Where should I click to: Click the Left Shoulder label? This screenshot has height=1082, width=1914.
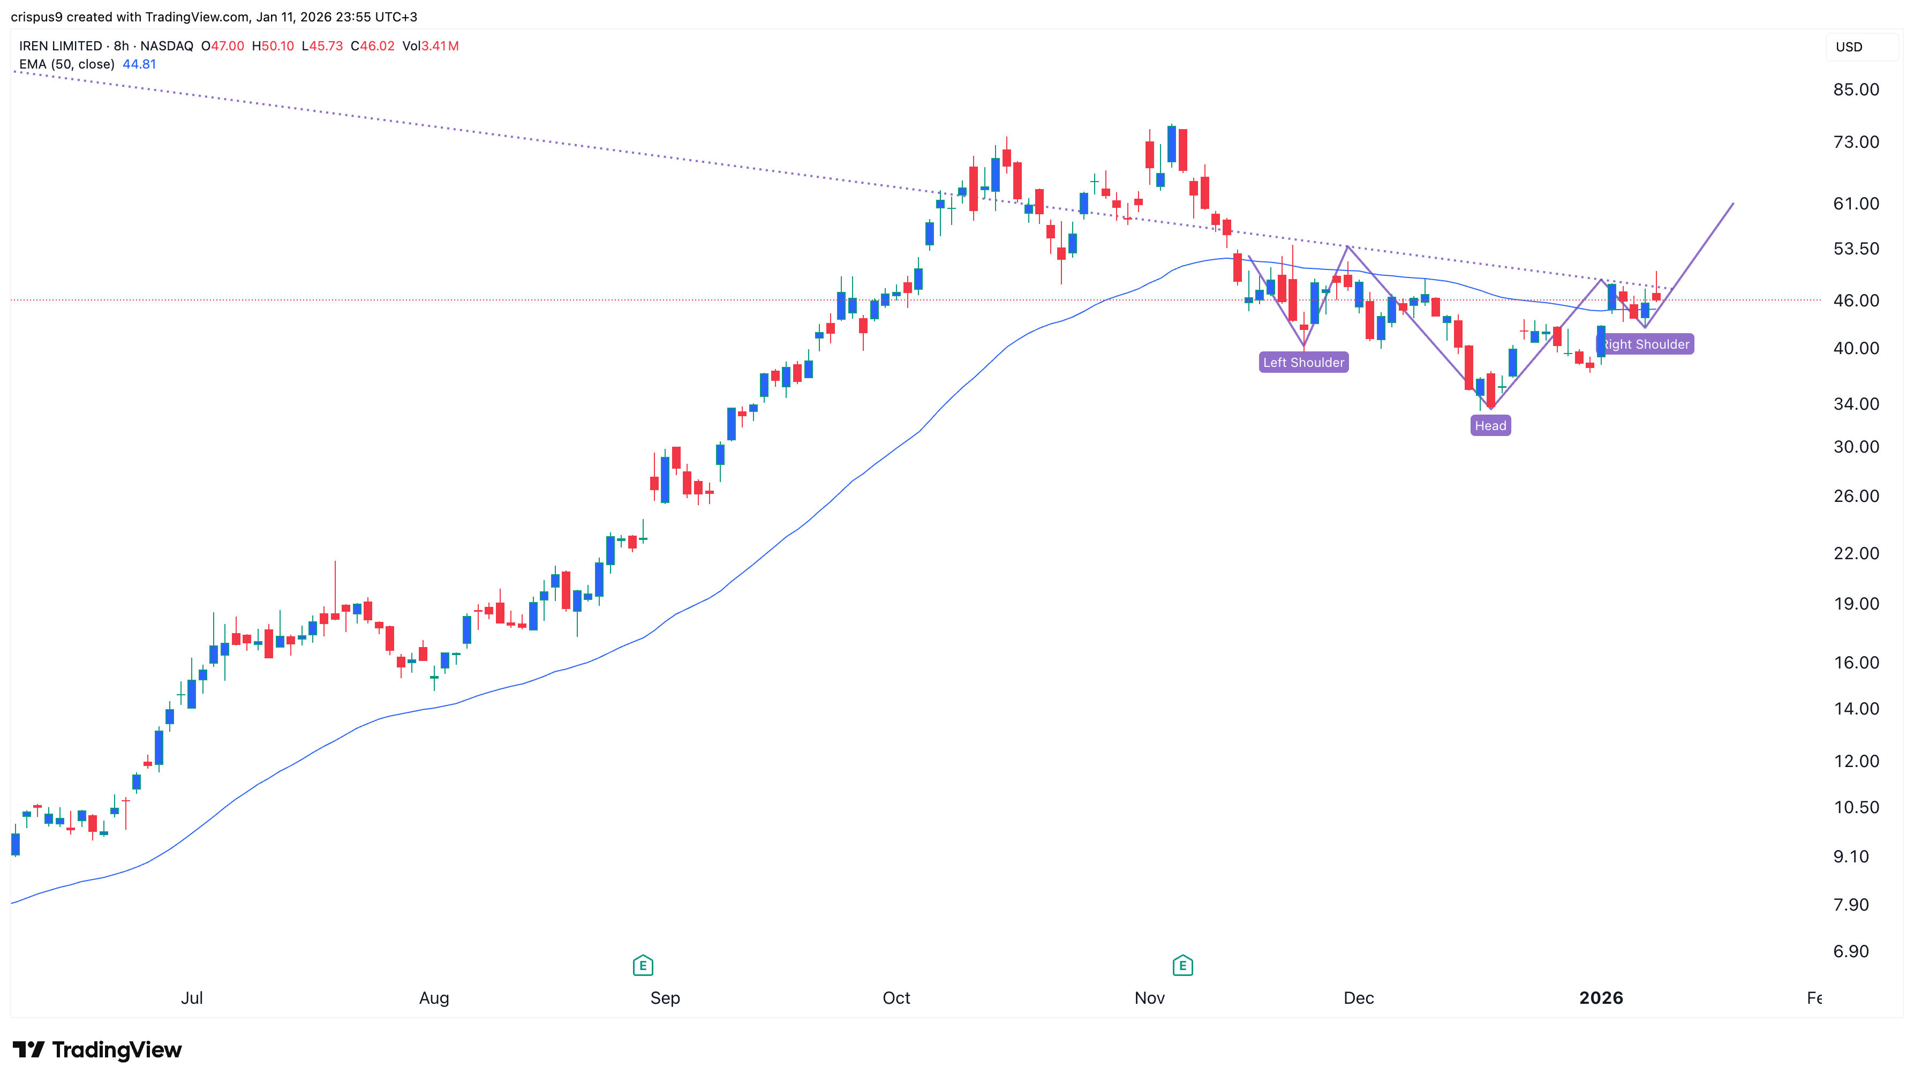point(1303,363)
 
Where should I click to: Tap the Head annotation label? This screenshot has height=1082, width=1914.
point(1490,426)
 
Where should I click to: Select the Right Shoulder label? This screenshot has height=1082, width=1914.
point(1647,344)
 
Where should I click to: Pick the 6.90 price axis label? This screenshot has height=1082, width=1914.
point(1850,951)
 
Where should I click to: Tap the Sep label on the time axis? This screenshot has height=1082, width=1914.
point(665,998)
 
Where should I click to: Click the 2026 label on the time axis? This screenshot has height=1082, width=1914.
point(1601,998)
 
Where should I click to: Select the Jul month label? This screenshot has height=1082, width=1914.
point(192,998)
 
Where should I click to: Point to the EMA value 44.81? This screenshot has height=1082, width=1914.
point(139,64)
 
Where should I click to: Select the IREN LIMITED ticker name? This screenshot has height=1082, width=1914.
point(60,46)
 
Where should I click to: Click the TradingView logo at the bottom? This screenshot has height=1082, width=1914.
point(96,1049)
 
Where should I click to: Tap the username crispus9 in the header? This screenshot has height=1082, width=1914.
point(36,17)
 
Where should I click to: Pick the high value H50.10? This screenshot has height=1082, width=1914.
point(273,46)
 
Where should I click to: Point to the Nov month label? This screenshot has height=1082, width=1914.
point(1149,998)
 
